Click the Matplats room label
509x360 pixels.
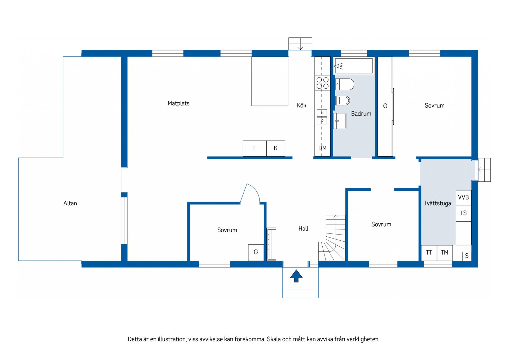click(x=178, y=103)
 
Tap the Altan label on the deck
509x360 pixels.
click(x=70, y=203)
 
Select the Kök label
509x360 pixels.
click(x=301, y=105)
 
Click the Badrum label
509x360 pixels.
click(x=361, y=114)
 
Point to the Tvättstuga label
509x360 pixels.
click(x=437, y=203)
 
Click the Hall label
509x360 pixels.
click(x=303, y=229)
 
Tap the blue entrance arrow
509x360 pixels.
click(x=296, y=276)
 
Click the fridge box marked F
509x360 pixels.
click(x=254, y=149)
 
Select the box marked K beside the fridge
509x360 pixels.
click(x=276, y=149)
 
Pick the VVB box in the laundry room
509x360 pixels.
click(x=463, y=198)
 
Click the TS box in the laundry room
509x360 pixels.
click(x=463, y=213)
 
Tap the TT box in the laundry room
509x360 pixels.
click(x=429, y=253)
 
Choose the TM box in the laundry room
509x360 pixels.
click(x=445, y=253)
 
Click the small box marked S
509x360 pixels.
click(x=467, y=256)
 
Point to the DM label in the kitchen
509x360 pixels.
click(x=322, y=148)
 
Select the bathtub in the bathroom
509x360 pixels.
click(x=354, y=66)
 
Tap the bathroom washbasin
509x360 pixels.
click(x=340, y=121)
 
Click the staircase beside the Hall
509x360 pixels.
click(x=332, y=238)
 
